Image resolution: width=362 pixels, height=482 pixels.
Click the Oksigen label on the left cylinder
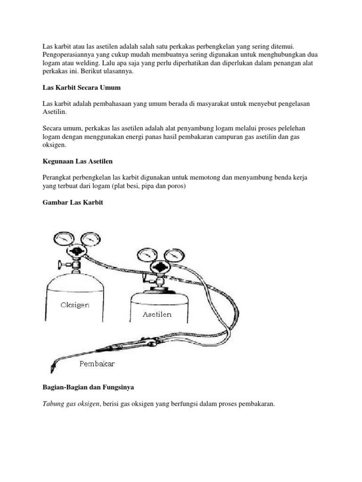pyautogui.click(x=75, y=305)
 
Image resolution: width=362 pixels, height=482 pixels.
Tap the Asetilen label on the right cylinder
pyautogui.click(x=157, y=314)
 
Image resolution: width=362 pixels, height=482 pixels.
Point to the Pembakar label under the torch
pyautogui.click(x=97, y=363)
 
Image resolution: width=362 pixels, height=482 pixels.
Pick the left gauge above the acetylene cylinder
pyautogui.click(x=146, y=256)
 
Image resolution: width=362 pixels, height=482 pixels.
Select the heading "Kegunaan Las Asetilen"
pyautogui.click(x=78, y=161)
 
